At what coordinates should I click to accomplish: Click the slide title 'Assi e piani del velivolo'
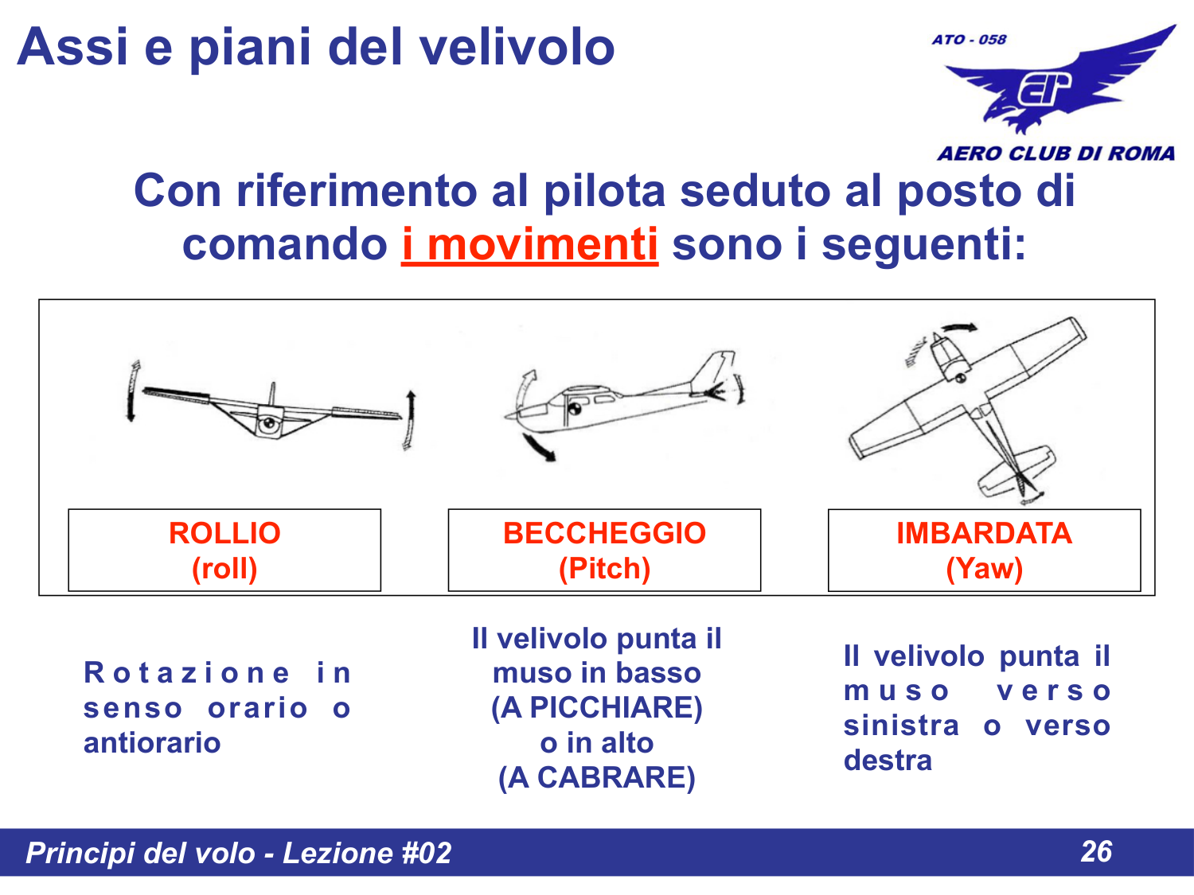[315, 47]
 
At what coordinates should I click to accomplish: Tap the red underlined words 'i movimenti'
[529, 244]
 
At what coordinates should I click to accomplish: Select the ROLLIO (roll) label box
[224, 551]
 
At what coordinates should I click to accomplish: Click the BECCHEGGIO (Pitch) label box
[604, 551]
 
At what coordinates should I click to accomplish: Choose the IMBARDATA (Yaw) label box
[984, 551]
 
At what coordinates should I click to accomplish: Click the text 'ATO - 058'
[969, 40]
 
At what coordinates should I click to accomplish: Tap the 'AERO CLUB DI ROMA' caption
[1055, 154]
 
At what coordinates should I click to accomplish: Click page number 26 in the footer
[1096, 852]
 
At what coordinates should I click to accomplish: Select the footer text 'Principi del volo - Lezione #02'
[238, 853]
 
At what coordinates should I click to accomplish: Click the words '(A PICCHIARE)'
[596, 708]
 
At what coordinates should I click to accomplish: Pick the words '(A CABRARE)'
[596, 777]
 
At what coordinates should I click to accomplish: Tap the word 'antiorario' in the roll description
[152, 743]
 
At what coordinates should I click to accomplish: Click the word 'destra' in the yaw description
[888, 761]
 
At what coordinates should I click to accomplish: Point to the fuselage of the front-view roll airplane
[269, 422]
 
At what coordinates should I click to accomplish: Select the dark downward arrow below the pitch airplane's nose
[538, 448]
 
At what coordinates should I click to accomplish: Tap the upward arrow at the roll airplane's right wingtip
[410, 418]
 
